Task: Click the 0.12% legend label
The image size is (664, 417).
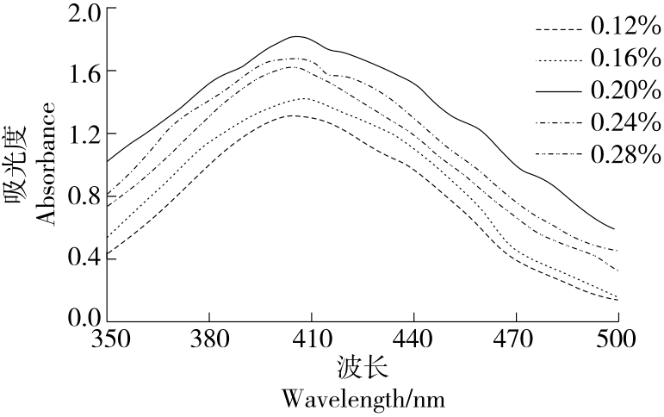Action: (x=625, y=28)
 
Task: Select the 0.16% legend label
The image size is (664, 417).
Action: (x=625, y=59)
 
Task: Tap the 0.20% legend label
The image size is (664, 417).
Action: (x=625, y=91)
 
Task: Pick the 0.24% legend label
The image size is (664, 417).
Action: (x=625, y=123)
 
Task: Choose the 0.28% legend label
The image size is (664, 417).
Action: (x=625, y=155)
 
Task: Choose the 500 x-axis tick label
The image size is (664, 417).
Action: (x=618, y=338)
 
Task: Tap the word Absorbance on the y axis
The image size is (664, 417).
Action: (x=47, y=164)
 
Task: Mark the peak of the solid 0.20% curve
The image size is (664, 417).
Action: (x=297, y=36)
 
